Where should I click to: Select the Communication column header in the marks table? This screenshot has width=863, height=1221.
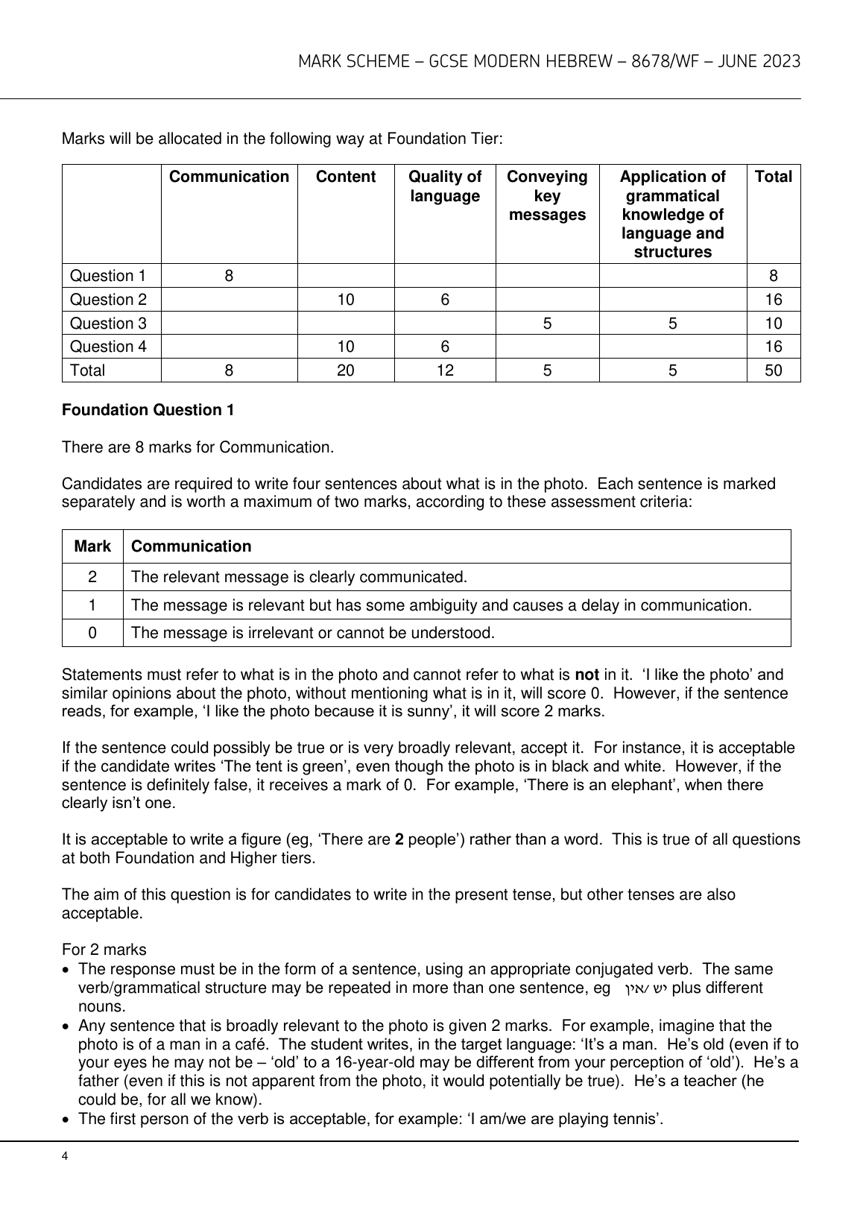[x=229, y=177]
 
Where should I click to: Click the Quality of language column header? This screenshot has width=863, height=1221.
[x=445, y=186]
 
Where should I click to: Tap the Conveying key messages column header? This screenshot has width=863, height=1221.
[x=547, y=196]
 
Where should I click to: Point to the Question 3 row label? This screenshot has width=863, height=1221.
[x=108, y=323]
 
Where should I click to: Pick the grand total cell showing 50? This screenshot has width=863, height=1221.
[x=774, y=370]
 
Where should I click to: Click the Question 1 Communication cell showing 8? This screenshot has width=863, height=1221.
[x=229, y=276]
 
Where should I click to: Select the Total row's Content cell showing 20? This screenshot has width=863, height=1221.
[x=346, y=370]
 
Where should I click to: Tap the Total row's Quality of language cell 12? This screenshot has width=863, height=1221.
[x=445, y=370]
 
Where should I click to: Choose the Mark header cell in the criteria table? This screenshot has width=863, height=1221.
[x=92, y=546]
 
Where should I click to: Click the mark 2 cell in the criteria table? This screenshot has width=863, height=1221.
[x=92, y=577]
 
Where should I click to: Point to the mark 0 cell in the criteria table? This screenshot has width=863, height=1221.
[x=92, y=633]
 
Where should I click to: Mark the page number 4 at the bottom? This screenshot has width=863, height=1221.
[x=66, y=1156]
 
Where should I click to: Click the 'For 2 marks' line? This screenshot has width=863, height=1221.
[x=104, y=950]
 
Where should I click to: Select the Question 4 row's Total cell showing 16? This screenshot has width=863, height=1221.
[x=774, y=347]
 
